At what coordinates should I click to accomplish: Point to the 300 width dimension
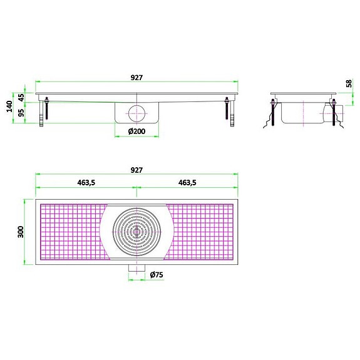pyautogui.click(x=20, y=231)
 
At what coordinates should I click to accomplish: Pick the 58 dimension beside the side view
pyautogui.click(x=349, y=83)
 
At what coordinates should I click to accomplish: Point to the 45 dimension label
pyautogui.click(x=21, y=98)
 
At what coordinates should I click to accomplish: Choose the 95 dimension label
pyautogui.click(x=21, y=113)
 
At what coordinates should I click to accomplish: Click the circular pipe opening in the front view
pyautogui.click(x=136, y=113)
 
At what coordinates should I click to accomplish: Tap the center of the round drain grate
pyautogui.click(x=136, y=231)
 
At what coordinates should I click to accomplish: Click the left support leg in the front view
pyautogui.click(x=43, y=111)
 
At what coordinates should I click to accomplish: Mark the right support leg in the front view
pyautogui.click(x=230, y=111)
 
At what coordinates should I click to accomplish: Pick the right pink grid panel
pyautogui.click(x=202, y=231)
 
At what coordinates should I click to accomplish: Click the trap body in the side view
pyautogui.click(x=301, y=113)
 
